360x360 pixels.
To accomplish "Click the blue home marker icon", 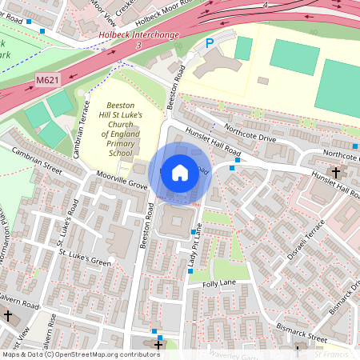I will click(180, 172).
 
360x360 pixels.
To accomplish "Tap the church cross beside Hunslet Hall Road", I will click(336, 172).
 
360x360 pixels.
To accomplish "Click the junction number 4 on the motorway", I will click(265, 6).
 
